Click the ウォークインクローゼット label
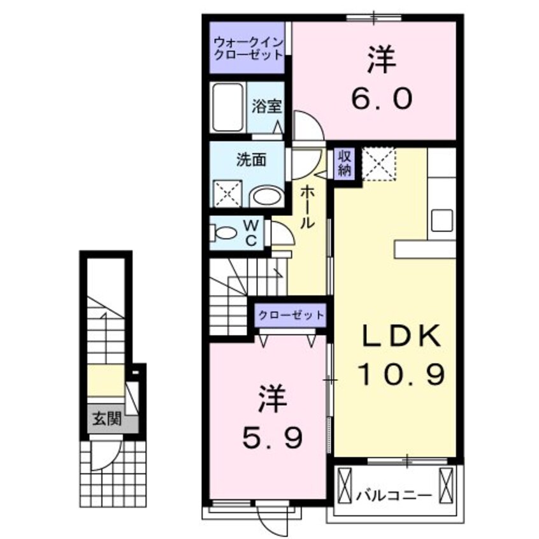tap(248, 48)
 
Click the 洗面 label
tap(250, 161)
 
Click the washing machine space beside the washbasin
tap(228, 193)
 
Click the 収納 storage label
tap(345, 163)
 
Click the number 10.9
tap(399, 375)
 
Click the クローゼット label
tap(291, 315)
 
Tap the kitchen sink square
tap(442, 220)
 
